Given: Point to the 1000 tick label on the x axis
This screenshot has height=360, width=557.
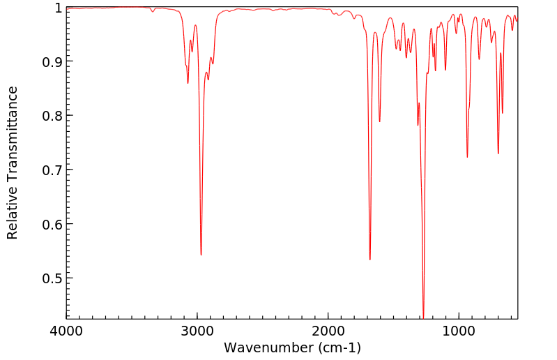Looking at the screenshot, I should click(459, 330).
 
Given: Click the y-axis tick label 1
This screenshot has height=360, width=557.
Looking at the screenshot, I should click(56, 8).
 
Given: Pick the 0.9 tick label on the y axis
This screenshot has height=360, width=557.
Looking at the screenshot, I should click(51, 61).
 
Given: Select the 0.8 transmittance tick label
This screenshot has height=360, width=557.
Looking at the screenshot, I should click(51, 116).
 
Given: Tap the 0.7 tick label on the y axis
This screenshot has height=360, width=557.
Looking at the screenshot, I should click(51, 170).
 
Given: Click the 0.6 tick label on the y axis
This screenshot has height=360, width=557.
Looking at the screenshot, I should click(51, 224).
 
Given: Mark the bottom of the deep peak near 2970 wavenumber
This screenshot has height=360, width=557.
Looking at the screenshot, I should click(201, 255).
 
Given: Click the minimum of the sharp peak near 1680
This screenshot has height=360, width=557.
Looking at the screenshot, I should click(370, 260).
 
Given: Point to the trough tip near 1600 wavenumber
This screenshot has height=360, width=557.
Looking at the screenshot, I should click(380, 122).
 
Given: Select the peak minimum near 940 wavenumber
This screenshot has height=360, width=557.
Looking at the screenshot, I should click(467, 157).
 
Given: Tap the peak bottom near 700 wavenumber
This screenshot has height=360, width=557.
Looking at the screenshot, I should click(498, 153).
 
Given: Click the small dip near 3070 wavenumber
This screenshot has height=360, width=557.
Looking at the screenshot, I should click(188, 83).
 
